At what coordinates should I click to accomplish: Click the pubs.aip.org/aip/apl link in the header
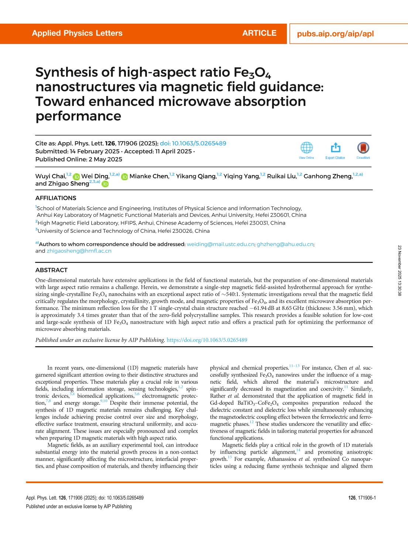pos(335,34)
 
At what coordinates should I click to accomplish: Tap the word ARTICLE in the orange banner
pos(259,33)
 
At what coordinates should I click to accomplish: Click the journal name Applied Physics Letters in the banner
pos(77,33)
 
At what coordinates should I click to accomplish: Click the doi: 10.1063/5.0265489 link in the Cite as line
pos(193,143)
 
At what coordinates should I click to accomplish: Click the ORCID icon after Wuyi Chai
pos(76,177)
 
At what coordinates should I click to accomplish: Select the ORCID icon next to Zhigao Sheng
pos(105,184)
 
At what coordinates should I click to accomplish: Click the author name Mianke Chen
pos(148,176)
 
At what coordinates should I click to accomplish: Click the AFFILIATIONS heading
pos(56,198)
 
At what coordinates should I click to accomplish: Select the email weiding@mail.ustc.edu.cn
pos(220,244)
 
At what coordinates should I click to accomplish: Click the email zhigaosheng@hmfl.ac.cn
pos(79,251)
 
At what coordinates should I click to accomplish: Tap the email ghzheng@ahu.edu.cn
pos(285,244)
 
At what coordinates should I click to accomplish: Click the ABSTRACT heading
pos(51,270)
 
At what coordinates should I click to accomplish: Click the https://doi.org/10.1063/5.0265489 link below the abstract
pos(207,340)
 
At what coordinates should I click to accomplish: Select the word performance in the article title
pos(78,116)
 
